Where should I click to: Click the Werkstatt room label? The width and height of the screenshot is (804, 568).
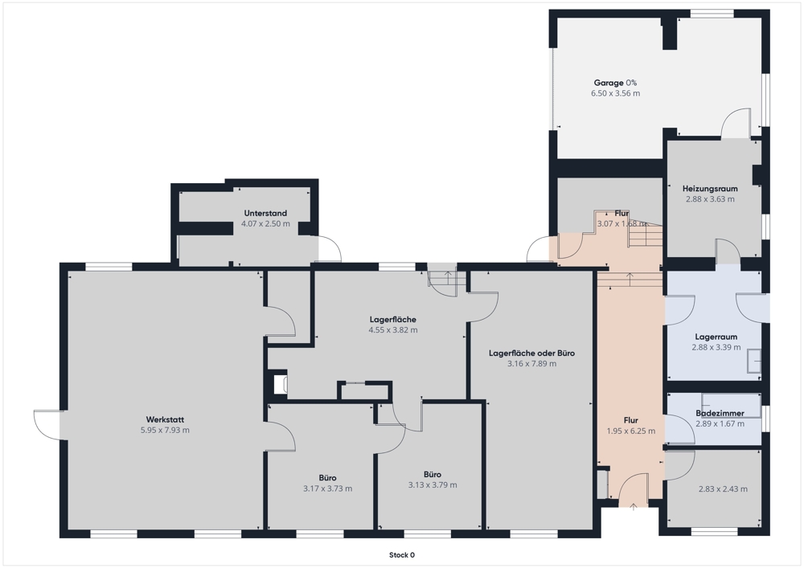(165, 419)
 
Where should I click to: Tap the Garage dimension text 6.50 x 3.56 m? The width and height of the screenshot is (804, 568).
(615, 93)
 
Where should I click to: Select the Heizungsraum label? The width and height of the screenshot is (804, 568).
(710, 189)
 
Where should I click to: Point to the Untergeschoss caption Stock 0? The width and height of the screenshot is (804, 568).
(402, 554)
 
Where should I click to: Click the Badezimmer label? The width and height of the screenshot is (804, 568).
(720, 413)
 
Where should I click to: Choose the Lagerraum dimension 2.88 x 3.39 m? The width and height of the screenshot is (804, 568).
(716, 347)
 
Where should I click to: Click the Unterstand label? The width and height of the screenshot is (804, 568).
(265, 213)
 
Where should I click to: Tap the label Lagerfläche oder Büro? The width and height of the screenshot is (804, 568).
(531, 353)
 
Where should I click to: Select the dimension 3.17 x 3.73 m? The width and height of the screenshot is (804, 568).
(328, 488)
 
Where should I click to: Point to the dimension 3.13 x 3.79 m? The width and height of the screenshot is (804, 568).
(433, 485)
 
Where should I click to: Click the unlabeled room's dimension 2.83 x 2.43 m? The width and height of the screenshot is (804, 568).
(723, 489)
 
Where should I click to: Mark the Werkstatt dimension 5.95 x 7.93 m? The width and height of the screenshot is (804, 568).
(165, 431)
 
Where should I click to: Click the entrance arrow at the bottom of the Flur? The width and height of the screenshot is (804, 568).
(634, 506)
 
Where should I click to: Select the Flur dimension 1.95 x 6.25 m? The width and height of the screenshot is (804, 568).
(630, 431)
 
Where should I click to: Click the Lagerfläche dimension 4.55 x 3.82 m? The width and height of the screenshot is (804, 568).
(393, 330)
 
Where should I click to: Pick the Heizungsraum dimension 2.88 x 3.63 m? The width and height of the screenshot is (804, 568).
(710, 199)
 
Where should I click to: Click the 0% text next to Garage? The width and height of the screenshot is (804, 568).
(631, 83)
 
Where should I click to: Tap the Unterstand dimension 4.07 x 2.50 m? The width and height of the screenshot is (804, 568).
(265, 224)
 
